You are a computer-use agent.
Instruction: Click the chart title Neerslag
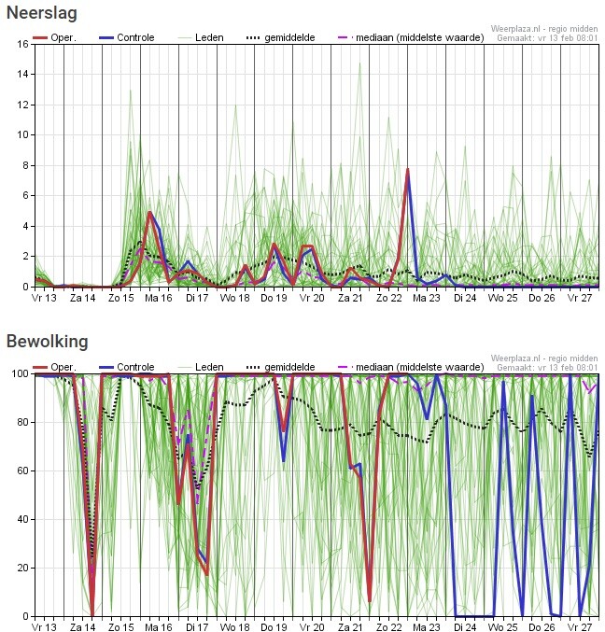coord(41,14)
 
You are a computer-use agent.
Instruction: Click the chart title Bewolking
coord(47,342)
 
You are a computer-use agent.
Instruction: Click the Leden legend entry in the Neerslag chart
coord(202,37)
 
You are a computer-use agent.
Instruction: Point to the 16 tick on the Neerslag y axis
coord(21,44)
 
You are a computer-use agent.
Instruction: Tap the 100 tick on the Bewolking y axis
coord(19,373)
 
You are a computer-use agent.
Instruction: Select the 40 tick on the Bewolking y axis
coord(21,519)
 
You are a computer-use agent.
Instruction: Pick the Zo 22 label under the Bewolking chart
coord(388,628)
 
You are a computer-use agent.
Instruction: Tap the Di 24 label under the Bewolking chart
coord(465,628)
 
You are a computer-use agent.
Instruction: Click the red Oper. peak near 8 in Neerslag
coord(408,170)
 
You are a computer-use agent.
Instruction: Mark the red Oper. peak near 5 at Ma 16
coord(150,213)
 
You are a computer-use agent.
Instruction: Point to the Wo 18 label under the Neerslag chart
coord(235,299)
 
